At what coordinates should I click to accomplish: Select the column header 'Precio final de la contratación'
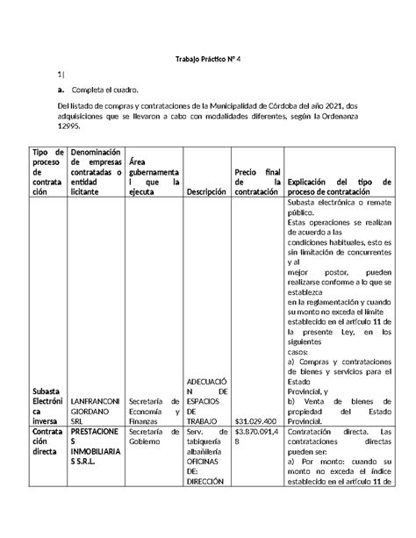pos(256,180)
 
